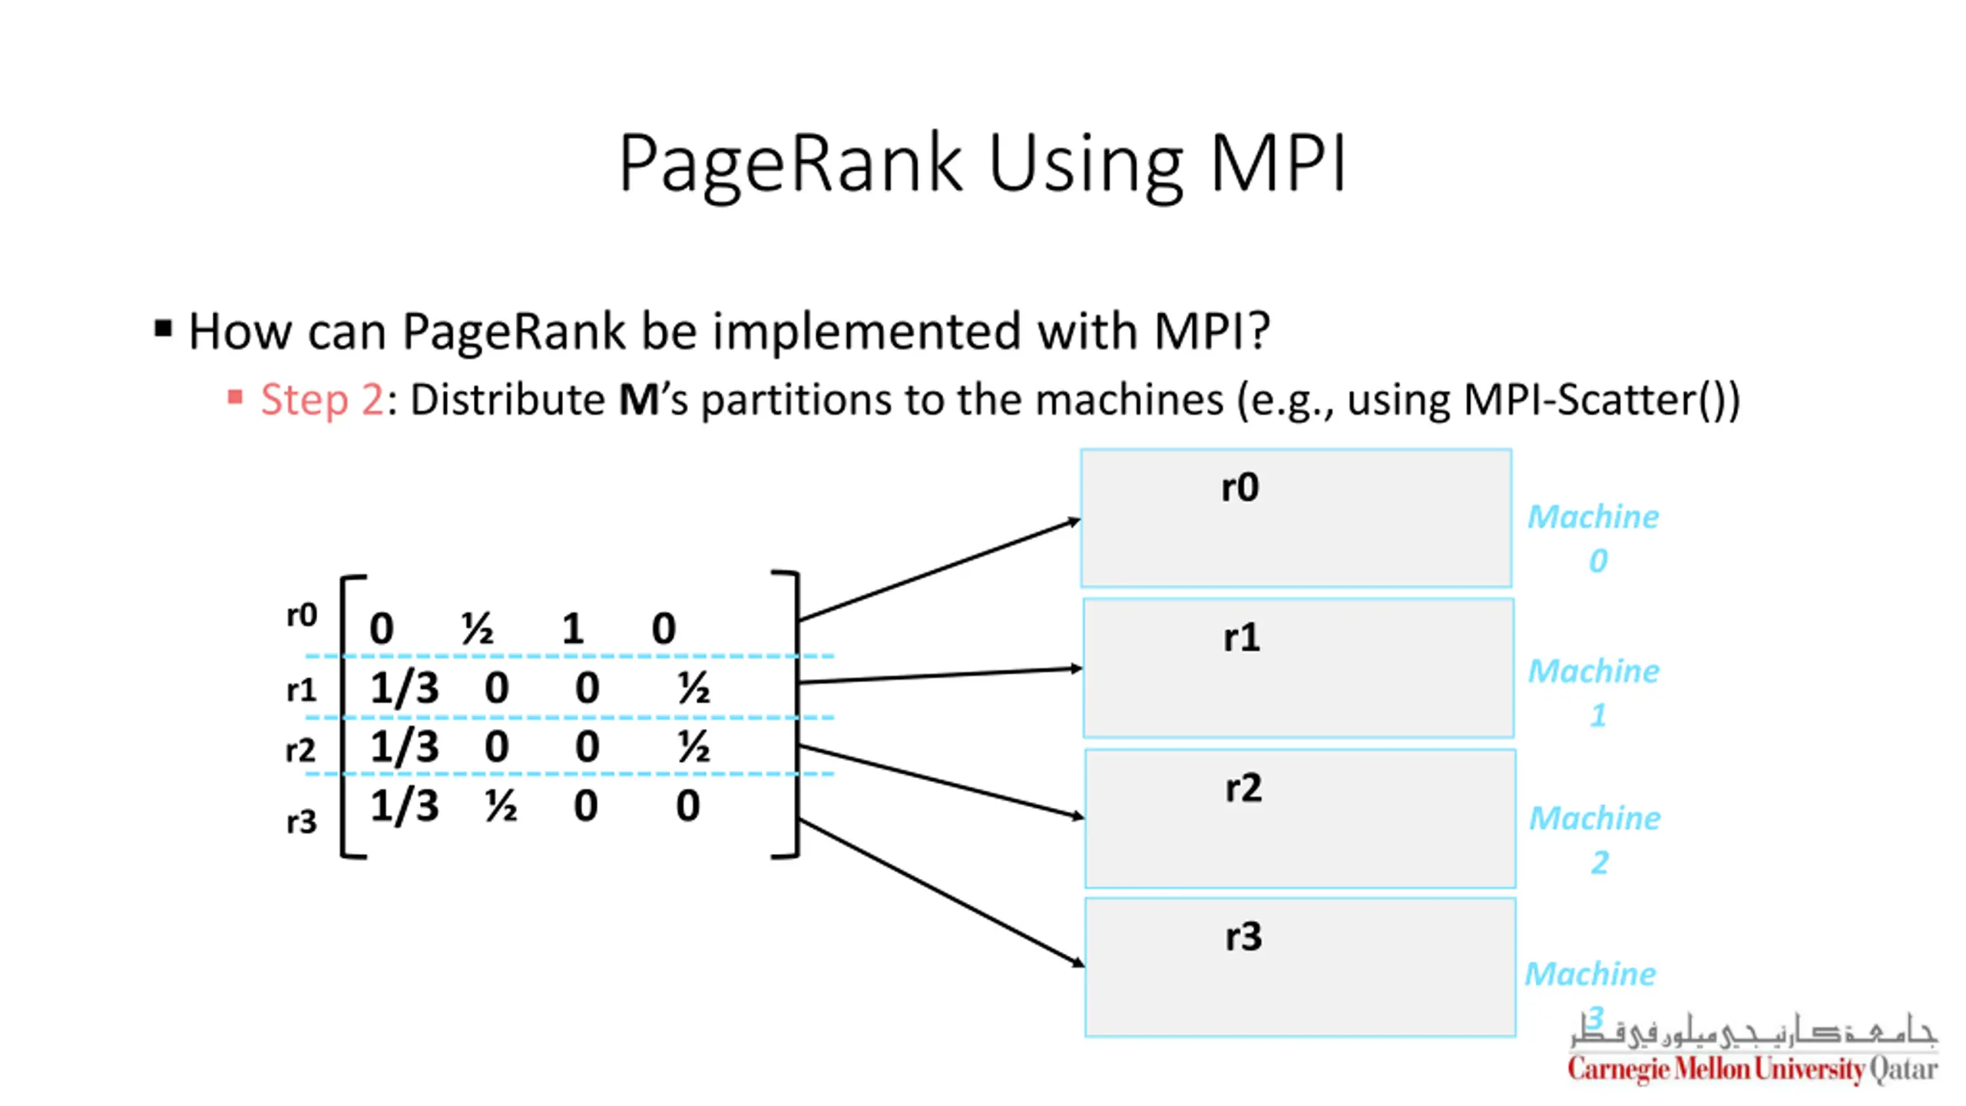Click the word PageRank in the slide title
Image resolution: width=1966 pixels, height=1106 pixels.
point(790,164)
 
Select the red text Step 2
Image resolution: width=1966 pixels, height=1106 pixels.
point(322,399)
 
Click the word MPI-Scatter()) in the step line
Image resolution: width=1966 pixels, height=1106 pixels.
point(1602,401)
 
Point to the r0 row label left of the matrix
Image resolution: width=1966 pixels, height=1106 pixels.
point(302,615)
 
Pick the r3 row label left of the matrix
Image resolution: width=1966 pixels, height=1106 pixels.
point(302,822)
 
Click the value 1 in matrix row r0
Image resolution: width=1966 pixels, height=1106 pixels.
point(573,628)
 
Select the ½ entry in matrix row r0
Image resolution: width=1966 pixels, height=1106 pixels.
point(477,628)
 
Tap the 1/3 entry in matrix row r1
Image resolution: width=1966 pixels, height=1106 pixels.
point(405,687)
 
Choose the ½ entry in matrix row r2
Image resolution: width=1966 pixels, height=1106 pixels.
point(693,747)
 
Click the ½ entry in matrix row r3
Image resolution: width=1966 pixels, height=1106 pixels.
point(501,806)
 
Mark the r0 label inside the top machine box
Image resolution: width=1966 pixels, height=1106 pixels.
point(1240,487)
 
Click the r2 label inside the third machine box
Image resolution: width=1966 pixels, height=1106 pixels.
point(1243,788)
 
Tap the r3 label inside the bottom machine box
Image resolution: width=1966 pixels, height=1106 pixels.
point(1243,937)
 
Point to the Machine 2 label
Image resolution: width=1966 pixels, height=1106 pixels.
point(1595,839)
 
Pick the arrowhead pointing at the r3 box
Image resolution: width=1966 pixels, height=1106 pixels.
point(1078,962)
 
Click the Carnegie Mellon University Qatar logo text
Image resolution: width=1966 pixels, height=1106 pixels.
point(1753,1068)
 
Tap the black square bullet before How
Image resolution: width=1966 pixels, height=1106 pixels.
point(163,329)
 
